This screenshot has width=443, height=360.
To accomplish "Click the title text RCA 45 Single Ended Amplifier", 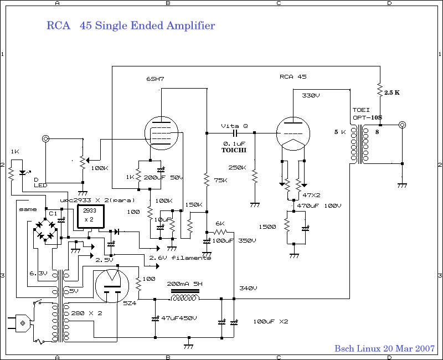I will (131, 26).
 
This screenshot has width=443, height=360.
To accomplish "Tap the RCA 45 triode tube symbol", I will (293, 133).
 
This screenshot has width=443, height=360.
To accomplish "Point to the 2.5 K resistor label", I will (392, 92).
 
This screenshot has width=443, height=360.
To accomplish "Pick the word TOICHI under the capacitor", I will (234, 150).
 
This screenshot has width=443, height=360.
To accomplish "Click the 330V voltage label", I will (311, 96).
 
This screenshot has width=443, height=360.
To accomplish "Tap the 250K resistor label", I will (238, 167).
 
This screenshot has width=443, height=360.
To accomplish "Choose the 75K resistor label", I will (219, 180).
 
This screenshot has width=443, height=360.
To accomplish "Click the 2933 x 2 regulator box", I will (90, 214).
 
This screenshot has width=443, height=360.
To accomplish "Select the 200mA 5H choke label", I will (184, 283).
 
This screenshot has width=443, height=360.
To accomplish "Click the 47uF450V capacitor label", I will (179, 318).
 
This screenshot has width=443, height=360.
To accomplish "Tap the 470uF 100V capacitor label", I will (318, 205).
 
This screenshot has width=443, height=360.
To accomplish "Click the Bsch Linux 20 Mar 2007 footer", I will (384, 348).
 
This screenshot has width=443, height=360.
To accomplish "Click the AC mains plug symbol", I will (20, 322).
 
